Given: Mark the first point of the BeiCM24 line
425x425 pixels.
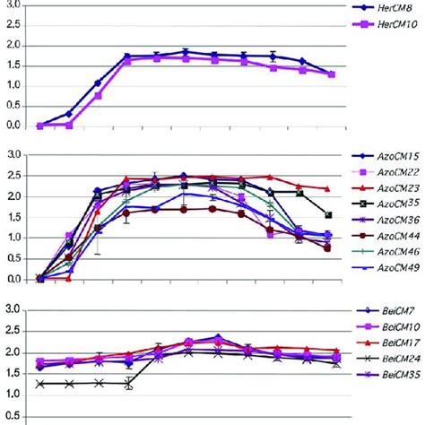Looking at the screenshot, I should pyautogui.click(x=40, y=384).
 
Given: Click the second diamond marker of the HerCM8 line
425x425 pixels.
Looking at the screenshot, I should pyautogui.click(x=69, y=114).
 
